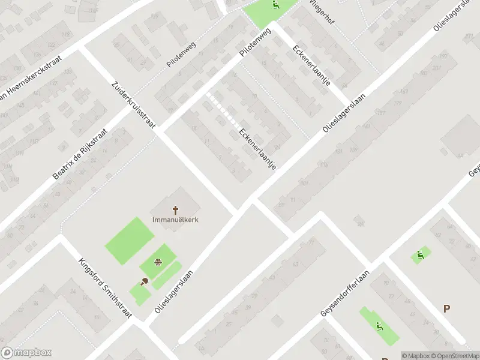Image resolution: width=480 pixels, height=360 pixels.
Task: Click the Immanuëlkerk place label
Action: (176, 219)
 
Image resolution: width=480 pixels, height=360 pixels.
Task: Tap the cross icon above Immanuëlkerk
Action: (176, 209)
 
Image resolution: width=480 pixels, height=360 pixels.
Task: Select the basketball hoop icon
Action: (158, 261)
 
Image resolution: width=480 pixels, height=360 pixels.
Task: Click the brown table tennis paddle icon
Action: (144, 281)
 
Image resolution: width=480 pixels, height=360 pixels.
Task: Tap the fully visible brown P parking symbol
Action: (446, 308)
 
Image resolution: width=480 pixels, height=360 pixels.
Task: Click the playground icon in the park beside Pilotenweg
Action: (275, 6)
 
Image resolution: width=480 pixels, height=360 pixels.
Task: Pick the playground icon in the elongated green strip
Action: (379, 326)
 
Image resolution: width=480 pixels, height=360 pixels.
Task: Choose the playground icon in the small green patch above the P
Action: (420, 256)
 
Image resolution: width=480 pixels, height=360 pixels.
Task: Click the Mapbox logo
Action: (26, 353)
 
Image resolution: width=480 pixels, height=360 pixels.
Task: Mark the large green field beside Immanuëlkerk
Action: (130, 241)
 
